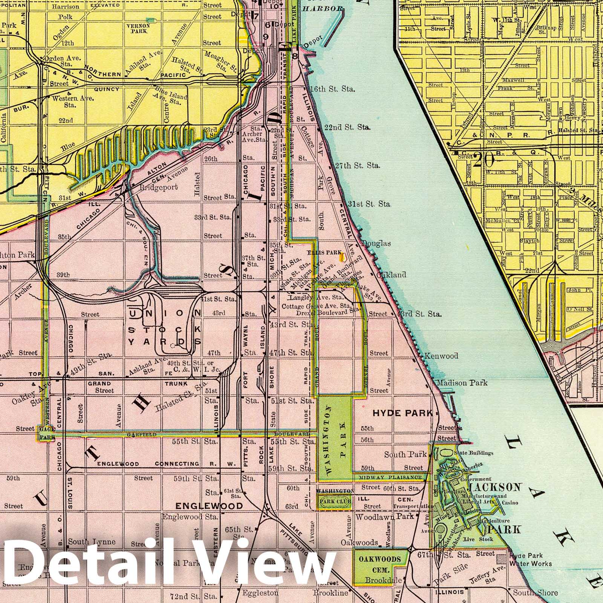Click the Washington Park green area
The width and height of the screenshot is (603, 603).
point(335,437)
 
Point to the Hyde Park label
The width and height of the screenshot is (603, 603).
point(402,413)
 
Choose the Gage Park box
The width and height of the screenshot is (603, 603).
point(47,433)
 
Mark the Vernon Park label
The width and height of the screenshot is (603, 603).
point(140,29)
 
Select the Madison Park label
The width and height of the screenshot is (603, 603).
point(462,383)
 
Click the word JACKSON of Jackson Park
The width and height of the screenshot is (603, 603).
point(494,487)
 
